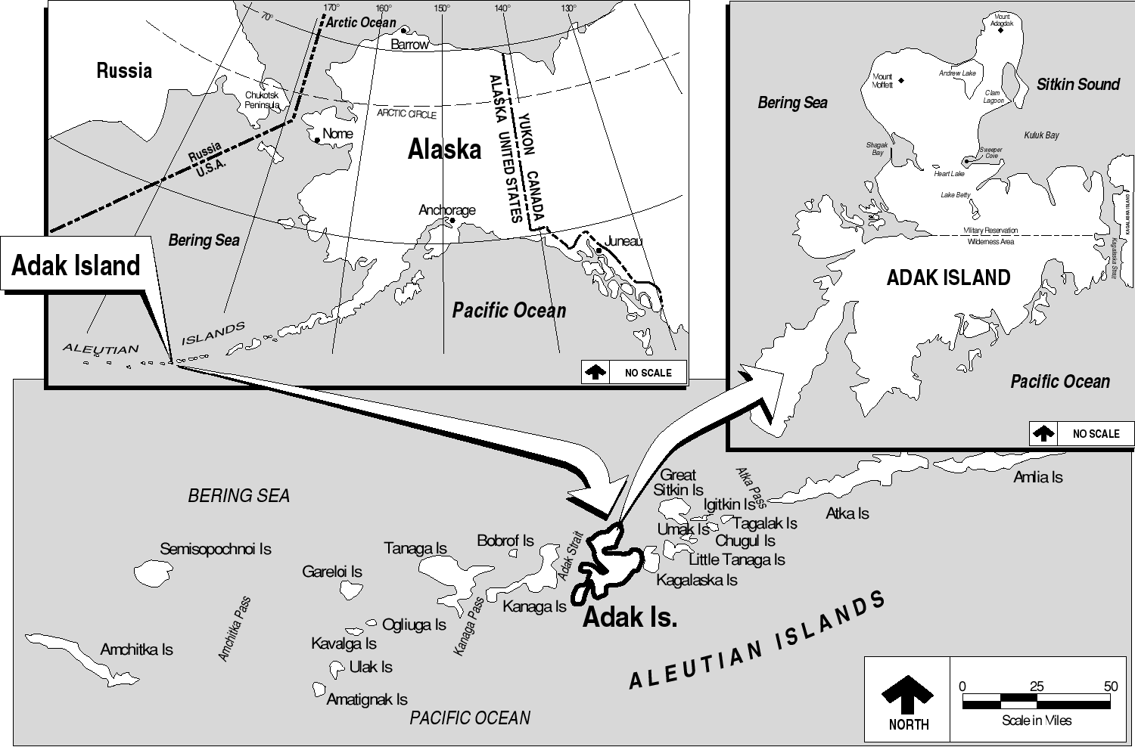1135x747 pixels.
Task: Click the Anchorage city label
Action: coord(447,209)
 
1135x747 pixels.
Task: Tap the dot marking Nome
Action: coord(317,140)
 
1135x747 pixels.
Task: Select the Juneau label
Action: coord(623,241)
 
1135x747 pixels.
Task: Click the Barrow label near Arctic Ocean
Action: coord(409,45)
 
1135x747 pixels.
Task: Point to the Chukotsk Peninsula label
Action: coord(262,100)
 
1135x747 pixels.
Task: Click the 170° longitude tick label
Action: coord(331,8)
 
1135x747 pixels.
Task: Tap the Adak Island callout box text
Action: coord(76,265)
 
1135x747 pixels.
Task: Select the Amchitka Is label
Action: coord(136,649)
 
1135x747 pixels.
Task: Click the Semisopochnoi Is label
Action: coord(215,549)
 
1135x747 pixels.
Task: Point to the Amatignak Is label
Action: coord(367,699)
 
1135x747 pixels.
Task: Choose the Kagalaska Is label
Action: coord(697,580)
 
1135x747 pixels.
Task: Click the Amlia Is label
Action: coord(1038,477)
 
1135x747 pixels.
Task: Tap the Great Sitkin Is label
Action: coord(678,482)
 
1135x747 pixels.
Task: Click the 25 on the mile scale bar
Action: coord(1036,687)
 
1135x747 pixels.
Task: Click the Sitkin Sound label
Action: coord(1077,85)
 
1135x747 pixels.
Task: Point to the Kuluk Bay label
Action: coord(1041,135)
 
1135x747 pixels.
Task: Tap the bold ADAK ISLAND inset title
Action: coord(948,277)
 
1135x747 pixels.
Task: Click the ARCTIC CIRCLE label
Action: coord(406,113)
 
